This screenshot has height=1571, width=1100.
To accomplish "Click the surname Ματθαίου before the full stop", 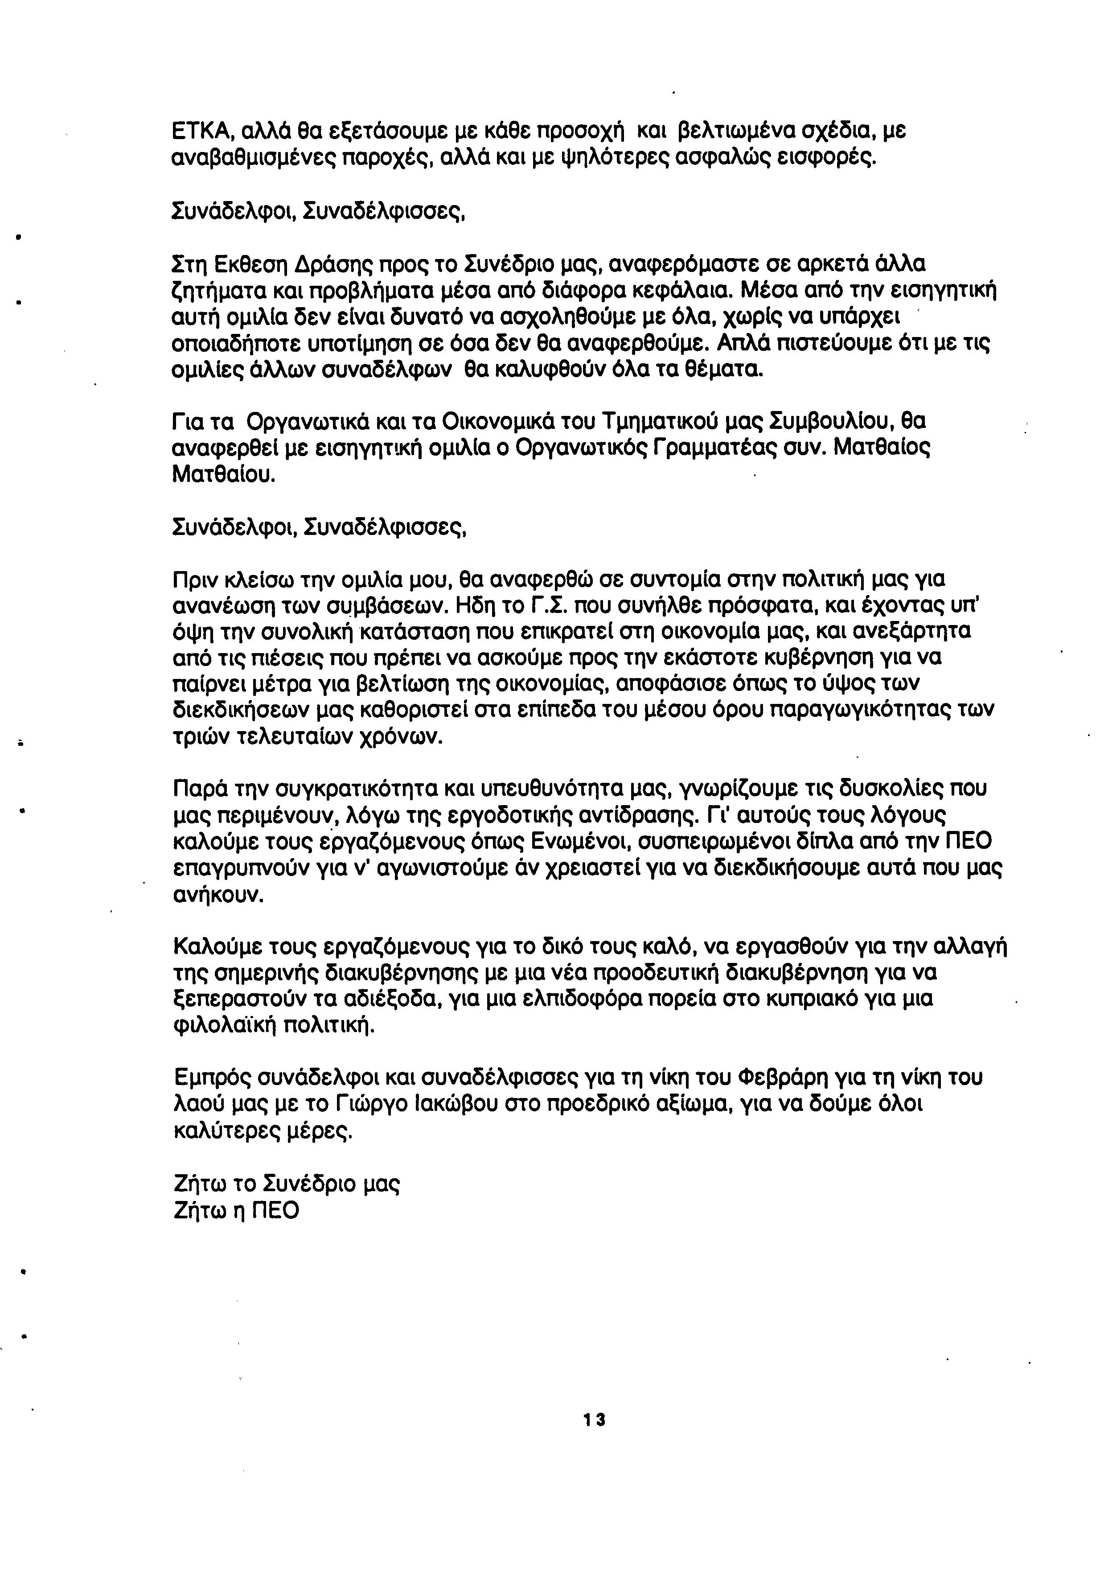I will tap(222, 474).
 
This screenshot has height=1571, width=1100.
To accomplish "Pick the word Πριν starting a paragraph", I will tap(196, 580).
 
